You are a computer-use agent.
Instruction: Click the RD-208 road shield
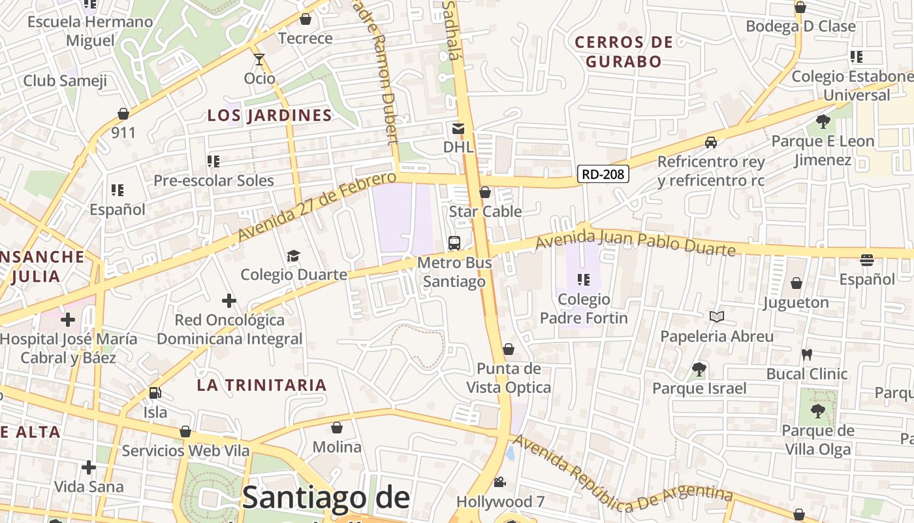pos(603,174)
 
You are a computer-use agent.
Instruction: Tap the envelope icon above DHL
pos(458,129)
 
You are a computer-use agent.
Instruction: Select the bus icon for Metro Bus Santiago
pos(454,243)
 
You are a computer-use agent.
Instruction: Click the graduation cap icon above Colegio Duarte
pos(293,256)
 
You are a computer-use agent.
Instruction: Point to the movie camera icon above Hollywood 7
pos(499,482)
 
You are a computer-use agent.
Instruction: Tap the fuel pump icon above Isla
pos(155,393)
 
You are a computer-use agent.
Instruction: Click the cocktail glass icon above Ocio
pos(259,59)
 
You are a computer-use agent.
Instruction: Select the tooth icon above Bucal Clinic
pos(806,355)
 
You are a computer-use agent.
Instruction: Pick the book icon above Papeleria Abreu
pos(717,317)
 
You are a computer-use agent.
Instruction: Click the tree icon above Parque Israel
pos(699,369)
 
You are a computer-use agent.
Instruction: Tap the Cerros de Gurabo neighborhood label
pos(623,52)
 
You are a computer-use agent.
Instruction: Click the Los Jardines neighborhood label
pos(270,116)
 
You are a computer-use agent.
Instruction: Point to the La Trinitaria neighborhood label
pos(262,385)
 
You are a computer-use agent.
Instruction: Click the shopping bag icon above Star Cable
pos(485,192)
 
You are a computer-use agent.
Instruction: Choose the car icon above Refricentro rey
pos(711,142)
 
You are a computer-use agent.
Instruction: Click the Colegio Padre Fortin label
pos(584,309)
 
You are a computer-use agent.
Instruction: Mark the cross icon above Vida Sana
pos(89,467)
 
